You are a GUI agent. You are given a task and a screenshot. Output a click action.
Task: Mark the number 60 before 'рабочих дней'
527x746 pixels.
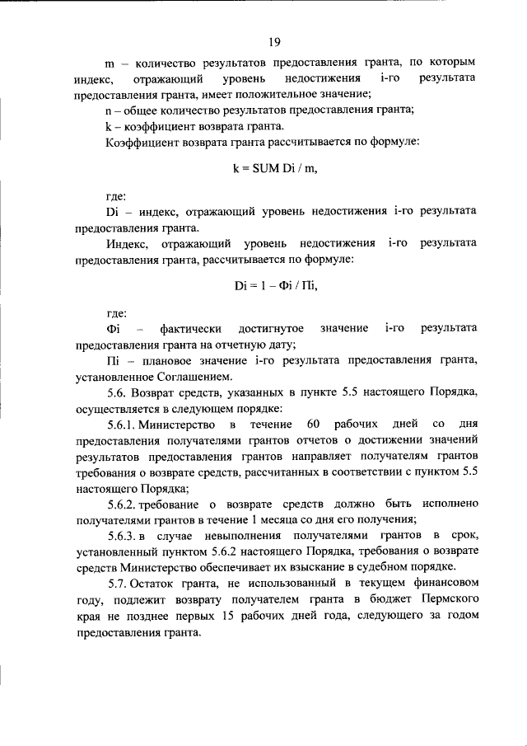coord(312,425)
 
